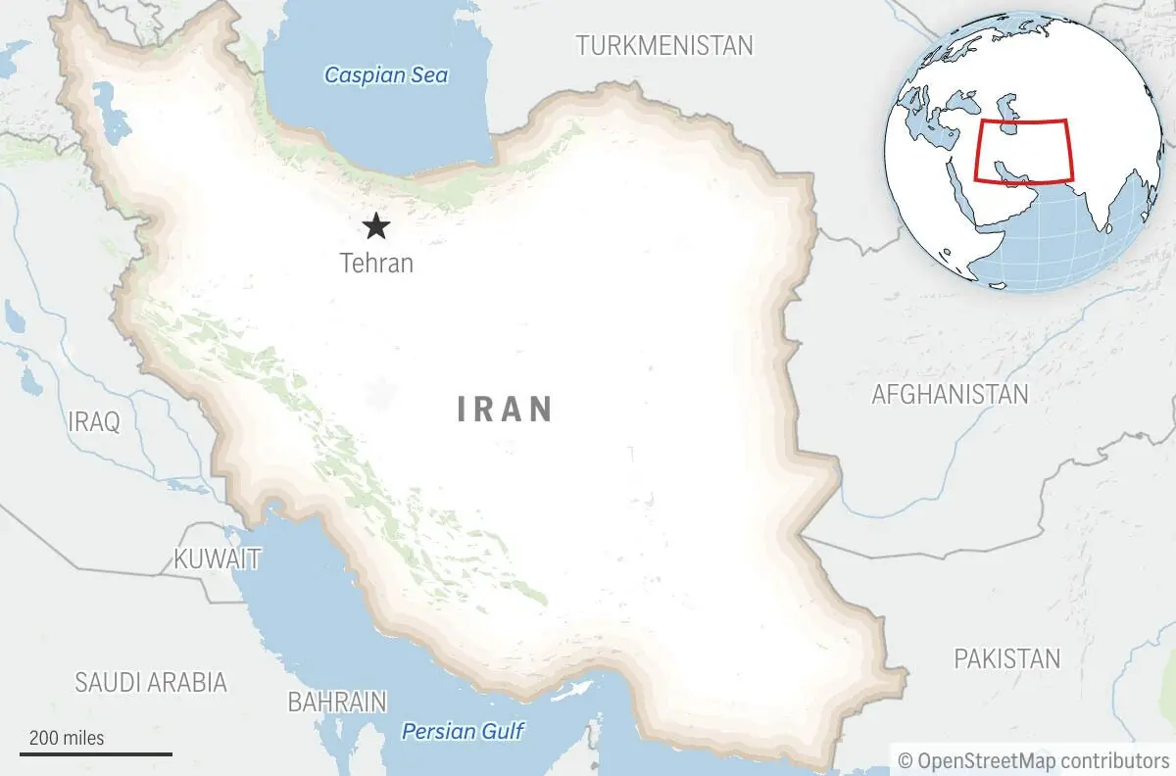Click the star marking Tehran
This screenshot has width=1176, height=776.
tap(375, 227)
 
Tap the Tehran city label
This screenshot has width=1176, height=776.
tap(376, 263)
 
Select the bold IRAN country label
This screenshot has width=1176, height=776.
tap(505, 409)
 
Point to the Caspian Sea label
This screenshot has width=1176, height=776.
tap(386, 74)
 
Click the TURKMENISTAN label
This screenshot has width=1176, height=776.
tap(664, 45)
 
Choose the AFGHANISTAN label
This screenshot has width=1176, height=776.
tap(950, 394)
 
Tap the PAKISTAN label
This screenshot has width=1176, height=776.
tap(1006, 658)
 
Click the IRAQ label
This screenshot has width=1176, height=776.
tap(94, 422)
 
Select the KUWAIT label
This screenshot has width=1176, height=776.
tap(217, 559)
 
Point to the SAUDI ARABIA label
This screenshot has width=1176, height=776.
tap(151, 682)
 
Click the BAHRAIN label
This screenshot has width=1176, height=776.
tap(336, 702)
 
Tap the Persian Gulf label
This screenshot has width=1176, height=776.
tap(464, 731)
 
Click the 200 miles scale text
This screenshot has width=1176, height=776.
tap(66, 738)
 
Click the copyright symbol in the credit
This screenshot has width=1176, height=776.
tap(906, 759)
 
